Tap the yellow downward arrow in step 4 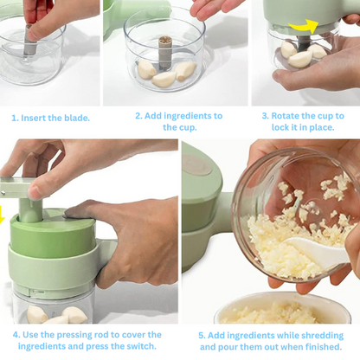pos(2,219)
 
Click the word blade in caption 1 pos(76,118)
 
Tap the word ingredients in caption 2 pos(183,116)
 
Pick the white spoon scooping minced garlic pos(314,252)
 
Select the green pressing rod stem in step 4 pos(30,210)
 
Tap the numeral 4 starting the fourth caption pos(16,335)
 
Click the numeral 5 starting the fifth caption pos(201,336)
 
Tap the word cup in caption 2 pos(188,128)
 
